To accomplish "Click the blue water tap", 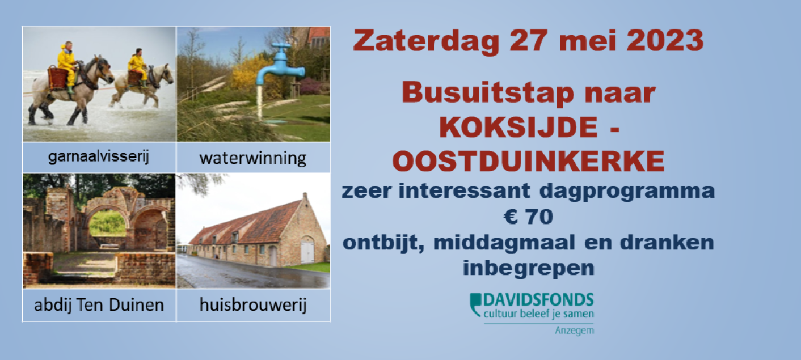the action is pos(280,65).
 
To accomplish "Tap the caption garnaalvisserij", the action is pos(99,157).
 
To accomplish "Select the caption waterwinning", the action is pos(253,158).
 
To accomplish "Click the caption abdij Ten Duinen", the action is pos(99,305).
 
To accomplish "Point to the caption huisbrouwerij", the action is pos(253,305).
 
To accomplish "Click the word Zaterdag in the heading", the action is pos(426,41).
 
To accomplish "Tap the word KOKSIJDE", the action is pos(518,127).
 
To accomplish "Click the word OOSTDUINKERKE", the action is pos(528,161).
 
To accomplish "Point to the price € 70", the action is pos(529,217).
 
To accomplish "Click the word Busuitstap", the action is pos(488,94).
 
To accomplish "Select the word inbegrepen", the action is pos(529,269).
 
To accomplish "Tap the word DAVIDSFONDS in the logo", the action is pos(538,300).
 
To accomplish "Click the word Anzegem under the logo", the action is pos(574,331).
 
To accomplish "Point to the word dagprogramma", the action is pos(626,192).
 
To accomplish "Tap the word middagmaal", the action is pos(504,243).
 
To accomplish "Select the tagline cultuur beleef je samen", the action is pos(538,314).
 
